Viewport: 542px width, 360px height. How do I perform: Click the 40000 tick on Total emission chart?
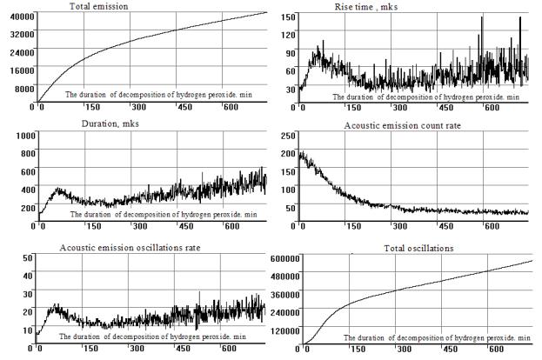click(17, 17)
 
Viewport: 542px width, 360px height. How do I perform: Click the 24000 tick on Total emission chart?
click(17, 51)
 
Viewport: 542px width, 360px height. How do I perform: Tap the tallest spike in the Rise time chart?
click(519, 19)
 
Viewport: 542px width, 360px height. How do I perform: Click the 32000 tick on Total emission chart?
click(17, 34)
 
